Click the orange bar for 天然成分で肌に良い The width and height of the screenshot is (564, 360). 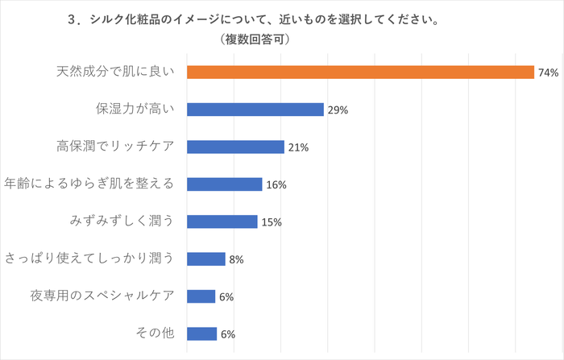pos(360,72)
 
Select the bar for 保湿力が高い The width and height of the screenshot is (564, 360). pos(255,110)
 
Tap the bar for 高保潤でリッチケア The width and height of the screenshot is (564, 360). pos(235,147)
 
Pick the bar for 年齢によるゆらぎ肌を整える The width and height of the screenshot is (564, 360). pos(224,184)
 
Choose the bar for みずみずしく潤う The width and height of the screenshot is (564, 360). pos(222,221)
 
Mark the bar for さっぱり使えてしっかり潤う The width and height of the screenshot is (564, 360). pos(205,259)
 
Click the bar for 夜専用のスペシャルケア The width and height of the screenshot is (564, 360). pos(201,296)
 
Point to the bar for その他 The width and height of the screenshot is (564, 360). pos(201,333)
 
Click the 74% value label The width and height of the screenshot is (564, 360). pos(548,72)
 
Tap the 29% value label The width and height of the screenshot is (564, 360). pos(338,110)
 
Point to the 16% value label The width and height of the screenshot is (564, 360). pos(276,185)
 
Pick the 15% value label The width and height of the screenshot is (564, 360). pos(272,222)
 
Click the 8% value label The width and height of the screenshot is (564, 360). pos(236,259)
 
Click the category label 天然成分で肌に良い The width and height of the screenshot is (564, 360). pos(115,72)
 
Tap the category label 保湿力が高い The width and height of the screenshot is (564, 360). pos(135,110)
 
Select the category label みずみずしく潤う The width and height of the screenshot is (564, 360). pos(122,221)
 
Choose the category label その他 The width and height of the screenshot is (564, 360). pos(153,333)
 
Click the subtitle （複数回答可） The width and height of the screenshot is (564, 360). pos(254,39)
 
